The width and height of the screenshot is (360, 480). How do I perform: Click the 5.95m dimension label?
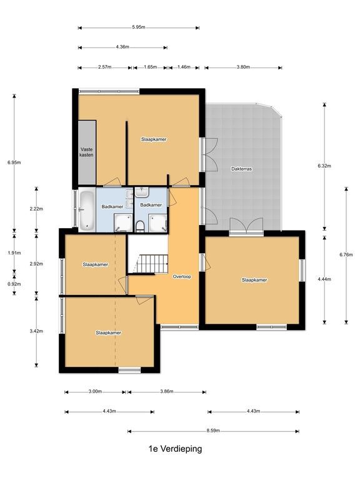[x=139, y=27]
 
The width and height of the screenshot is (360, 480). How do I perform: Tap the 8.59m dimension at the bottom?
[x=213, y=431]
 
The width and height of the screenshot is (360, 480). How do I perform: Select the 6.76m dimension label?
[x=346, y=254]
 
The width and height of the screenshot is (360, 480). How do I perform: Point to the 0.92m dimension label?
[x=14, y=284]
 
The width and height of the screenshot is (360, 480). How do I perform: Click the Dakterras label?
[x=242, y=169]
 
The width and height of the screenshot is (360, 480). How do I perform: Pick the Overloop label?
[x=182, y=276]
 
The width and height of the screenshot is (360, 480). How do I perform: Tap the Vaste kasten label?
[x=87, y=152]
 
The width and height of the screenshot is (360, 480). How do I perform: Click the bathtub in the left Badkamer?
[x=87, y=210]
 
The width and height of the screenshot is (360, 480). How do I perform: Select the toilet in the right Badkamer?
[x=140, y=227]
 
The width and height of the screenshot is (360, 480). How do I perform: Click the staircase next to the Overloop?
[x=152, y=264]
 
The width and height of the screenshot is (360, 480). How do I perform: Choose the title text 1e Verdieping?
[x=175, y=449]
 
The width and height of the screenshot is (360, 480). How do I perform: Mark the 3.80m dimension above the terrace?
[x=243, y=67]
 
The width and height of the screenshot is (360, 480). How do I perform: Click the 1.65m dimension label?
[x=150, y=67]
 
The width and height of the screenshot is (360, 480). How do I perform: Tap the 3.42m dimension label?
[x=36, y=331]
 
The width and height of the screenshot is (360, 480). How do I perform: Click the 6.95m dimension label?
[x=14, y=162]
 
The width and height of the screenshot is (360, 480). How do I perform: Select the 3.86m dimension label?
[x=166, y=391]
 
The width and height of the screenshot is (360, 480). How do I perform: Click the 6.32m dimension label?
[x=324, y=166]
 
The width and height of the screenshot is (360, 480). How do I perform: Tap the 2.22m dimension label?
[x=36, y=209]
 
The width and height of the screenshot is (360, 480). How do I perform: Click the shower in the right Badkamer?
[x=157, y=223]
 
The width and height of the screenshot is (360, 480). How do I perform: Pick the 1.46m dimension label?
[x=184, y=67]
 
